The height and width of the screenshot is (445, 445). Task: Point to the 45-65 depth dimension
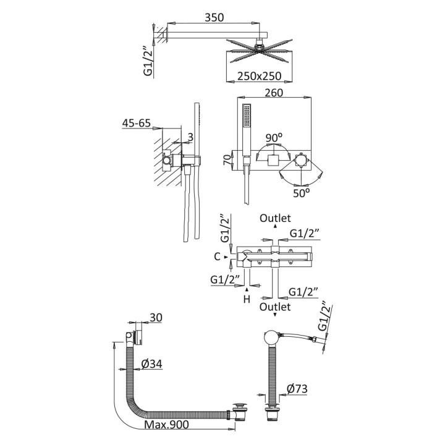137,123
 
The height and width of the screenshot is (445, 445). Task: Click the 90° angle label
274,137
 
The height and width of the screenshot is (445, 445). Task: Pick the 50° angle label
302,192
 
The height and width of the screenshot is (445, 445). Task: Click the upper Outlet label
275,218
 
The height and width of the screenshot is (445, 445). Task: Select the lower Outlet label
275,306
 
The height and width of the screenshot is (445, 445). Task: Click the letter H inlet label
246,300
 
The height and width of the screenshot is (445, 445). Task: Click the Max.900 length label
167,425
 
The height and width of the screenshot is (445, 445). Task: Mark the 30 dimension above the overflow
155,317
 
